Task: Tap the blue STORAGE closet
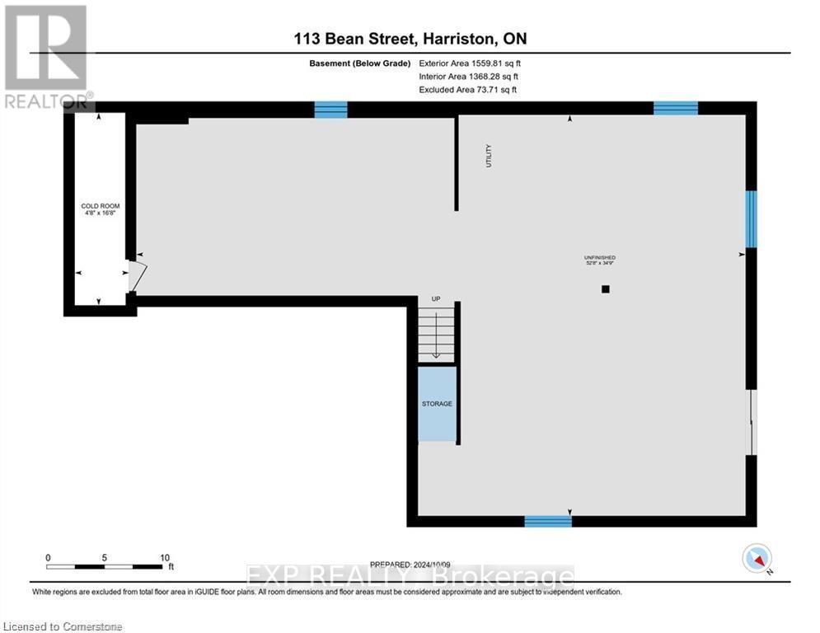(437, 403)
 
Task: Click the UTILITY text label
(488, 157)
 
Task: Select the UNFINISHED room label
(599, 260)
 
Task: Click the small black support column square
(605, 289)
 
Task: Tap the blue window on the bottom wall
(548, 521)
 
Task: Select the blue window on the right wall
(751, 219)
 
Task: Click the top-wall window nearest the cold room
(331, 110)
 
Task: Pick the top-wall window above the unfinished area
(676, 108)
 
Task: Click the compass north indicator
(756, 559)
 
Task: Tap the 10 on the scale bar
(163, 557)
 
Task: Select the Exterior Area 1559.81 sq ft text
(470, 63)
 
